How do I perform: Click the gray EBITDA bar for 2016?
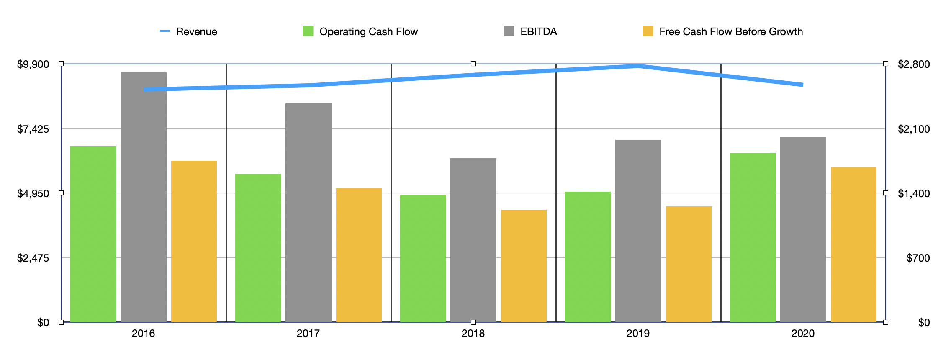tap(143, 197)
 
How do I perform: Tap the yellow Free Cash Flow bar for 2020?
tap(853, 244)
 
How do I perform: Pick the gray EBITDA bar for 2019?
tap(638, 231)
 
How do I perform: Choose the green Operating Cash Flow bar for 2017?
tap(258, 247)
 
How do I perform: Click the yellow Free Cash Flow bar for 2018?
tap(524, 265)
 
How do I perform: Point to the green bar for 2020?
tap(753, 237)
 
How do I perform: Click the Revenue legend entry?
tap(196, 32)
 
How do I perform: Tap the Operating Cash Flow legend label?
tap(368, 32)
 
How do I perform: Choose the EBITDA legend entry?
tap(538, 32)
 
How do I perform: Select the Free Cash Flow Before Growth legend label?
tap(731, 32)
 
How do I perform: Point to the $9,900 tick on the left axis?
tap(33, 64)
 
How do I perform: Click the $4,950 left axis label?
tap(33, 193)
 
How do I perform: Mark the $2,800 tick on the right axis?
tap(914, 64)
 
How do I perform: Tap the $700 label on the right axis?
tap(918, 258)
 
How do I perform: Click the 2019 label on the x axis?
tap(638, 334)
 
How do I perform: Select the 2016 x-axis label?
tap(143, 334)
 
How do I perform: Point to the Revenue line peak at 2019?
tap(638, 66)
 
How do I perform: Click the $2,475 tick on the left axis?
tap(33, 258)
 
